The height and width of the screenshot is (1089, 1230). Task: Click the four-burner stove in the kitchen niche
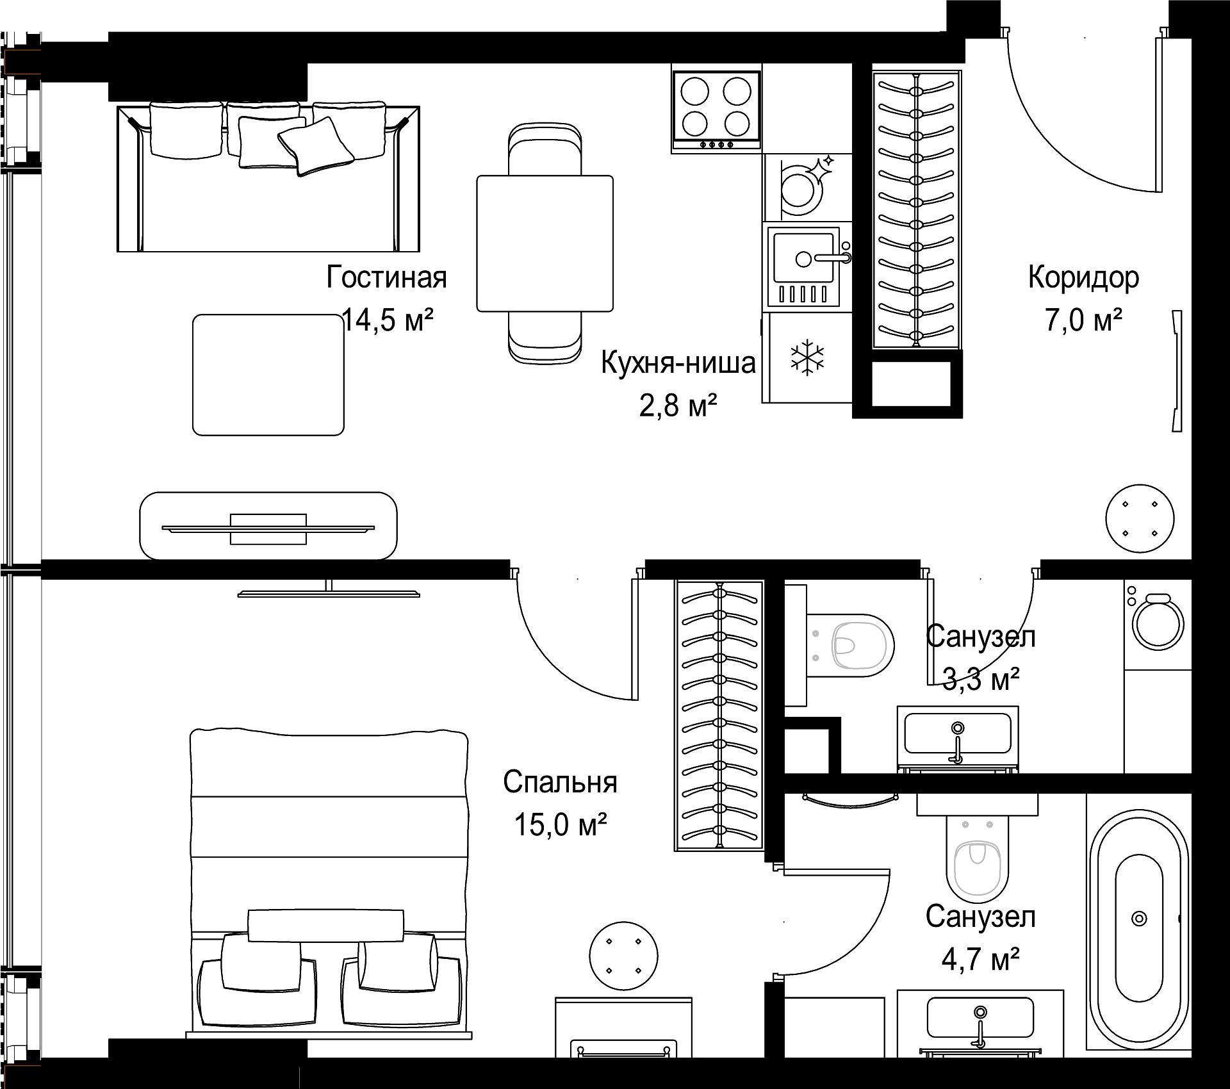(x=716, y=109)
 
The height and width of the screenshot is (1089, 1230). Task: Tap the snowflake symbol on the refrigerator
(x=808, y=358)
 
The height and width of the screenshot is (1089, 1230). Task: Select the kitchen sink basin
(x=803, y=258)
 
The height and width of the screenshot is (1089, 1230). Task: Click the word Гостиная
(x=386, y=277)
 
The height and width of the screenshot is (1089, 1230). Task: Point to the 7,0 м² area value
(x=1084, y=320)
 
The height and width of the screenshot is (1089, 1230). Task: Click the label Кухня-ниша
(x=678, y=363)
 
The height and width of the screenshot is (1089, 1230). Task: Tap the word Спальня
(x=560, y=782)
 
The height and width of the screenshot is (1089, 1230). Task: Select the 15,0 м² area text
(x=561, y=824)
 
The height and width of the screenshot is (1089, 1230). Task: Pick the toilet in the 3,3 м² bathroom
(x=849, y=645)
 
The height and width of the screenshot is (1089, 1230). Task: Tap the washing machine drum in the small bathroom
(x=1158, y=624)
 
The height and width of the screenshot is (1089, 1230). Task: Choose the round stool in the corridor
(x=1140, y=518)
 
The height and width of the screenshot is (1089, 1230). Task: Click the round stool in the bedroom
(x=623, y=956)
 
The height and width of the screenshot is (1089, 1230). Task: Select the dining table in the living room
(x=545, y=243)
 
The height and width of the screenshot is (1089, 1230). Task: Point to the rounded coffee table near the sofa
(x=268, y=375)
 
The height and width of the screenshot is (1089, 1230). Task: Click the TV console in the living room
(x=268, y=526)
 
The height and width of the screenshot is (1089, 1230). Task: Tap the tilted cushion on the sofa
(x=316, y=146)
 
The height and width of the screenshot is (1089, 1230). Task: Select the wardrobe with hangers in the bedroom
(x=719, y=716)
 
